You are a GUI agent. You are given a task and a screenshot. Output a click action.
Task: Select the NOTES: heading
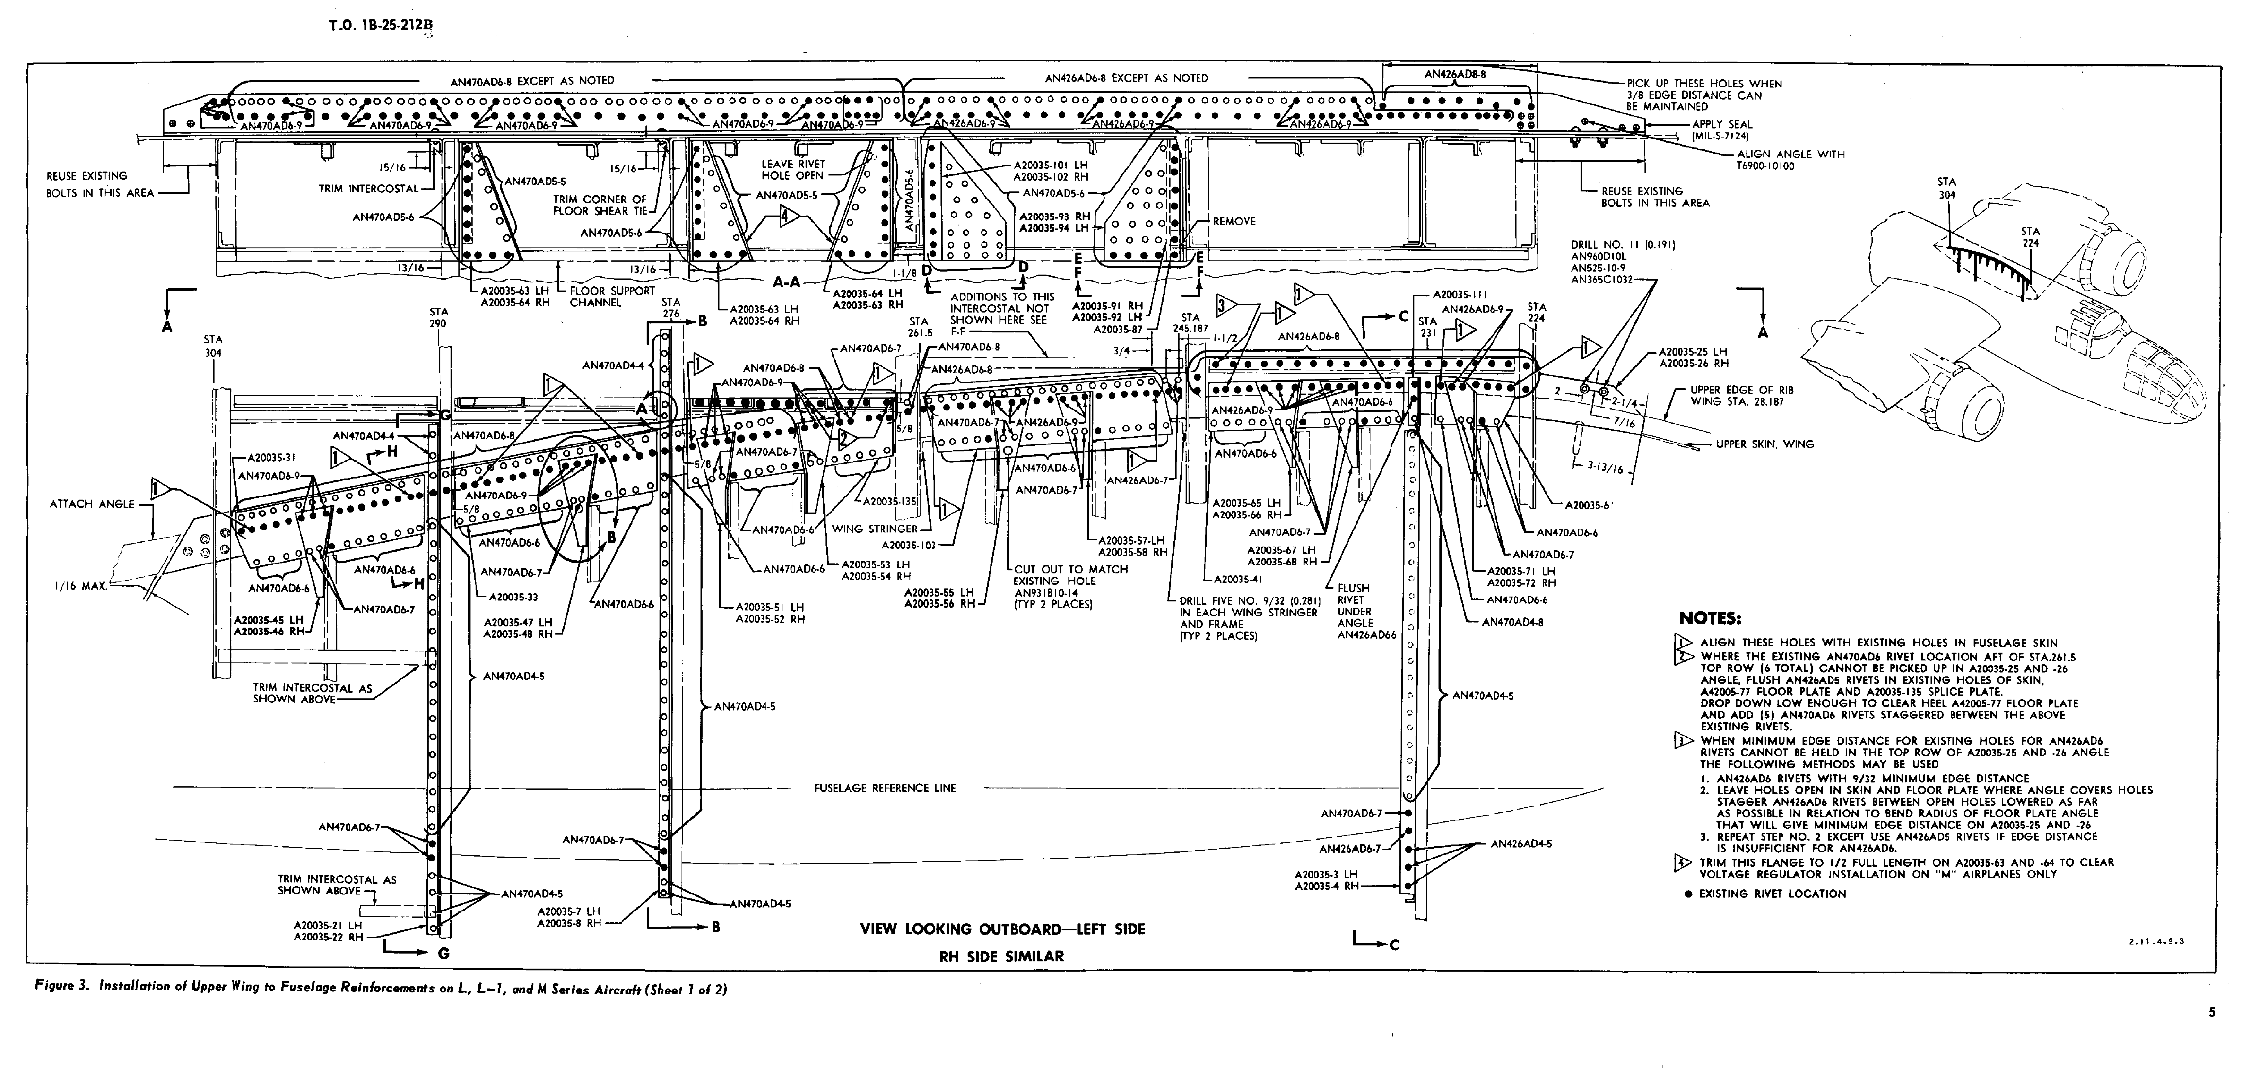pyautogui.click(x=1709, y=619)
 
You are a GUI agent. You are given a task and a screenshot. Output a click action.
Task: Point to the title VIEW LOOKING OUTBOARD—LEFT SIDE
pyautogui.click(x=1003, y=929)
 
